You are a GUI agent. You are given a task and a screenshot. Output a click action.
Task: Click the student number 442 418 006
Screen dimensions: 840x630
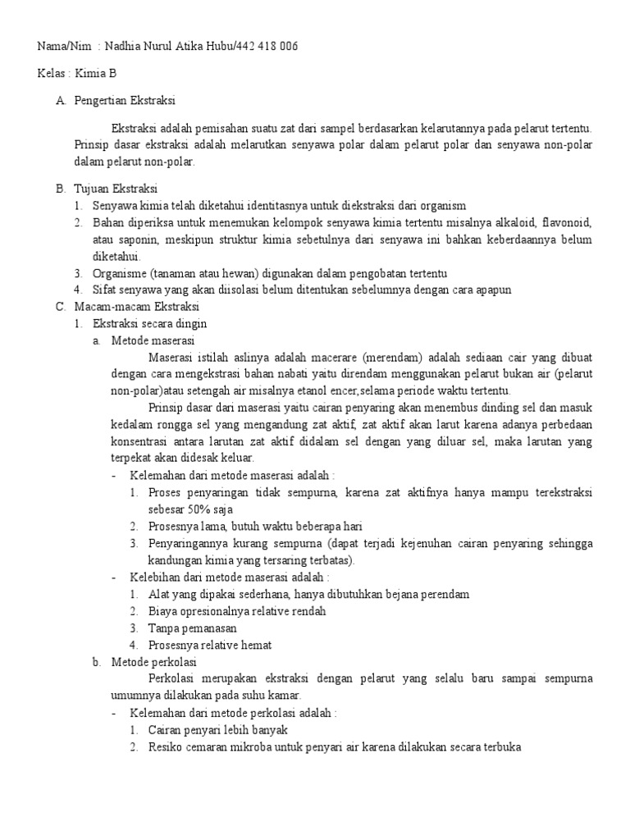(267, 47)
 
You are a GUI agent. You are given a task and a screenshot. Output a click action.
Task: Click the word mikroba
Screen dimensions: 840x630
(289, 747)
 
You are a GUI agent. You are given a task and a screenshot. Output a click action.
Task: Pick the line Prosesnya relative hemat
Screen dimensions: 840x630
(210, 645)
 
